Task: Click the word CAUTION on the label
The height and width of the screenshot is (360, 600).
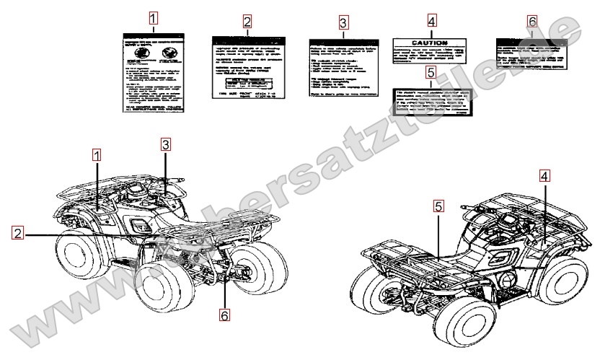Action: pos(430,43)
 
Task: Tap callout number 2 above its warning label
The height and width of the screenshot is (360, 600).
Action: pos(247,22)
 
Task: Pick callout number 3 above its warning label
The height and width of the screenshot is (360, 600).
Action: pos(343,22)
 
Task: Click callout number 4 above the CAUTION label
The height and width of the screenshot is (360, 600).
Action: pos(431,20)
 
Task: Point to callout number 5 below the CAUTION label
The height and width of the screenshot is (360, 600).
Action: pos(431,72)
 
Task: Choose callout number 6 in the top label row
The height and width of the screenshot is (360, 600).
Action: pos(532,22)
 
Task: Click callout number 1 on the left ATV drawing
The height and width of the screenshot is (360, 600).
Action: pos(97,154)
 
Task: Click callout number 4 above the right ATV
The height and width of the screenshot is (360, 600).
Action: pos(544,175)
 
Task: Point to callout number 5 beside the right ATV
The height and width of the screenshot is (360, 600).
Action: pos(438,206)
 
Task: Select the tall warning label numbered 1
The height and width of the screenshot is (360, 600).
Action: pos(152,72)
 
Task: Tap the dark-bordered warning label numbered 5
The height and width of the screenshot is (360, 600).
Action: pos(431,103)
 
